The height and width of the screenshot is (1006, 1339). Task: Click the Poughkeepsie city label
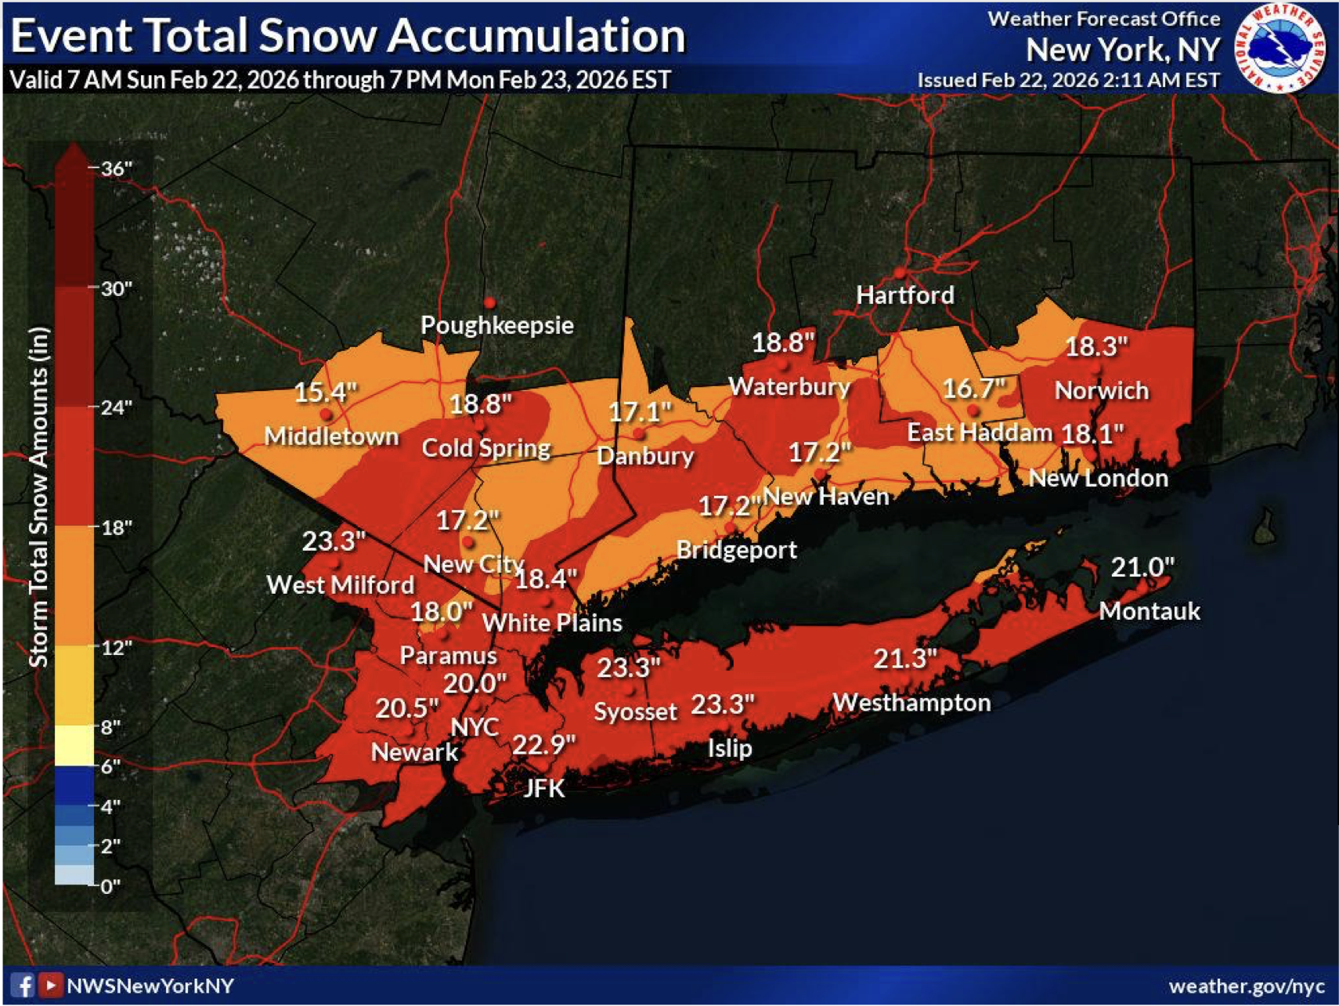click(x=496, y=325)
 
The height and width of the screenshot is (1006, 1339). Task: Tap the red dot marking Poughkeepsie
click(x=489, y=302)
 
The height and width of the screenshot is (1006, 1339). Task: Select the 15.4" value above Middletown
click(x=325, y=392)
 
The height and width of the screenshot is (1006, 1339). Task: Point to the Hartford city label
click(x=904, y=295)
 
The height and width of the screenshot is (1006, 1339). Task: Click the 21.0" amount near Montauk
click(x=1142, y=566)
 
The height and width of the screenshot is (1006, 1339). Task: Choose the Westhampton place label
click(x=911, y=702)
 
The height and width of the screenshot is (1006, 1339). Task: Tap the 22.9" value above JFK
click(x=543, y=744)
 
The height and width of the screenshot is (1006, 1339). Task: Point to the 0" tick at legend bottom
click(x=110, y=886)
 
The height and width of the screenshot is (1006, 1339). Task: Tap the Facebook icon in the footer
click(x=22, y=985)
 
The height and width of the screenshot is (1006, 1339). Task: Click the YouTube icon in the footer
click(x=50, y=985)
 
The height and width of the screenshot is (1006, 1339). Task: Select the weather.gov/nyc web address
click(x=1246, y=986)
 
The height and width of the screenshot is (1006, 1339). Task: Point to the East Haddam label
click(x=979, y=432)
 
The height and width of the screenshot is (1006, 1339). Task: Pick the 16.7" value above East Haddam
click(x=973, y=388)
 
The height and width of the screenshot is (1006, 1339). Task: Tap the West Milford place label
click(x=340, y=584)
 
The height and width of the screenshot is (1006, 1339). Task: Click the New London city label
click(x=1098, y=478)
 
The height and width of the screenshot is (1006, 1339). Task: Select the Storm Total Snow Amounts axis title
click(x=39, y=498)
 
